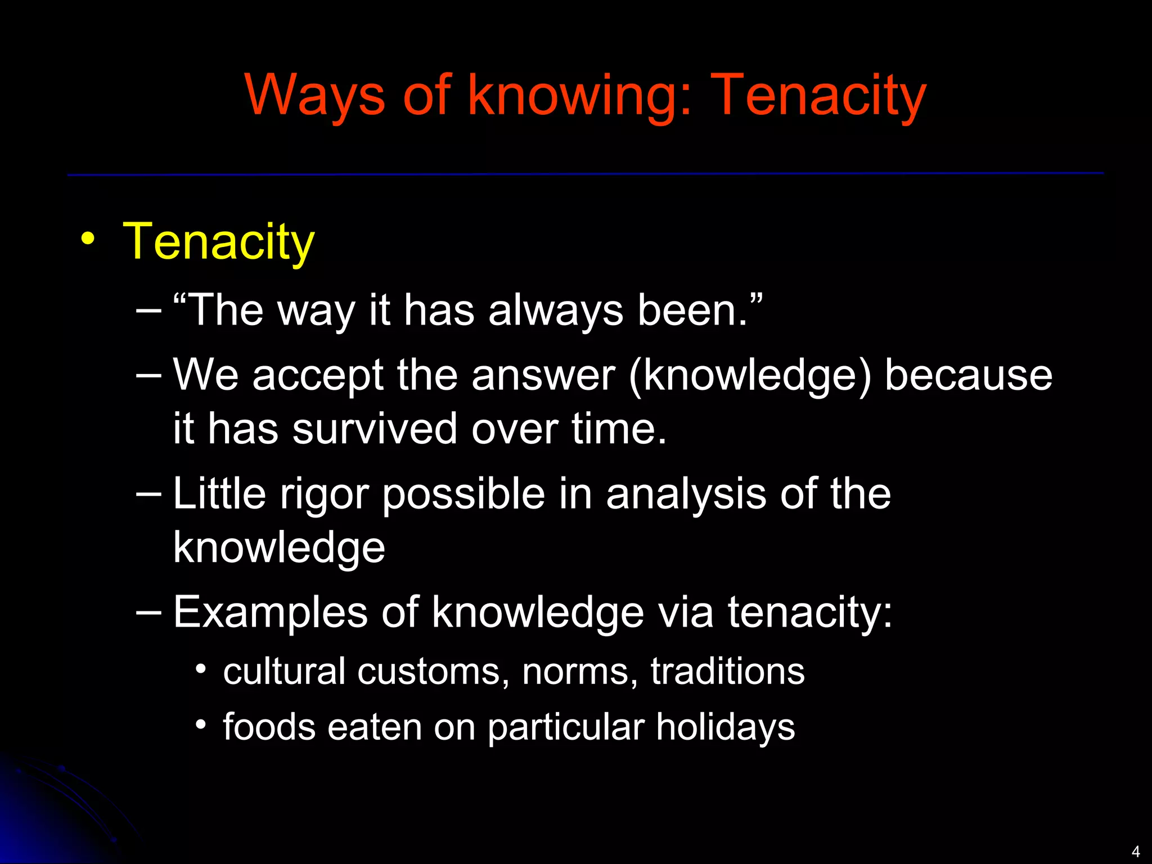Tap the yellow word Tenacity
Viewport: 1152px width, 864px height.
tap(219, 242)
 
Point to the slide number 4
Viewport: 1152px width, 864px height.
tap(1135, 851)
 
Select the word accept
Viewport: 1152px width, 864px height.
tap(318, 376)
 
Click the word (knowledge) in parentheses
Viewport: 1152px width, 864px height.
tap(750, 376)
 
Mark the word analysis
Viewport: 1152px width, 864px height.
tap(686, 494)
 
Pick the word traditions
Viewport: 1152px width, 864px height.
tap(728, 672)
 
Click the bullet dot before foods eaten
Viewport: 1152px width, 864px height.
tap(201, 724)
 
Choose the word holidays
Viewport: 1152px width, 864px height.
tap(726, 727)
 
